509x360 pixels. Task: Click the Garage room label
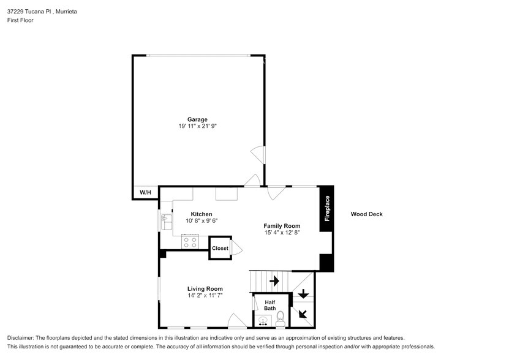click(197, 119)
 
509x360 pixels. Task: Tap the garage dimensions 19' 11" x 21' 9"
click(197, 126)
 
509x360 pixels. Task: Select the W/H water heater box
click(145, 193)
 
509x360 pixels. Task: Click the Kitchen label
click(202, 214)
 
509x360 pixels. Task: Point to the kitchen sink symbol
click(166, 221)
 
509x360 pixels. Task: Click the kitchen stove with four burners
click(190, 242)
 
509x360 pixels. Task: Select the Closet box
click(220, 248)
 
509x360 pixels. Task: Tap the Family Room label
click(282, 226)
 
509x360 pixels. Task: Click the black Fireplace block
click(326, 208)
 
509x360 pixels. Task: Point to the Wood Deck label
click(366, 214)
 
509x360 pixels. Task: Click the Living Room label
click(205, 288)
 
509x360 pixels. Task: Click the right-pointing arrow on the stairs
click(274, 281)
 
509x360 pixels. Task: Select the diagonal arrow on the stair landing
click(303, 314)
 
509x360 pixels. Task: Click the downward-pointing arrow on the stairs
click(303, 294)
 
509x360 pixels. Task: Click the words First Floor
click(21, 20)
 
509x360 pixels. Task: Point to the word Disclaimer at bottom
click(21, 338)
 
